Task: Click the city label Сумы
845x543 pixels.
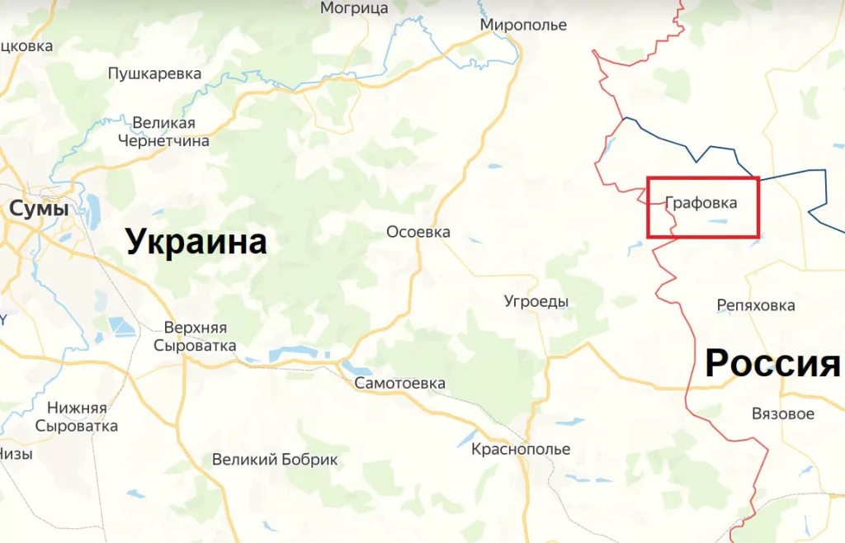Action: click(38, 210)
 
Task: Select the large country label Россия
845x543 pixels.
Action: click(772, 363)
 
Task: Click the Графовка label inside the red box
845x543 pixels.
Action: click(701, 203)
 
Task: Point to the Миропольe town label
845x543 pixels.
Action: click(523, 26)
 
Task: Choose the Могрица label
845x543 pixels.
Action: click(354, 8)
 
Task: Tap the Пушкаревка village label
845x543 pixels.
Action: click(154, 73)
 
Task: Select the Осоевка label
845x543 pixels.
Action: click(418, 232)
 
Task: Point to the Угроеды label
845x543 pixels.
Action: click(536, 301)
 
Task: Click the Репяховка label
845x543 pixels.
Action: click(756, 305)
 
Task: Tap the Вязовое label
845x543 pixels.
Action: click(783, 413)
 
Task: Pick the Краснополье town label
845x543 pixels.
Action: click(521, 450)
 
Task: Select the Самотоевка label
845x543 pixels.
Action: click(399, 383)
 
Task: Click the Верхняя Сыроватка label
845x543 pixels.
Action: click(195, 336)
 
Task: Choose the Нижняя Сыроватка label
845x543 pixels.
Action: click(76, 417)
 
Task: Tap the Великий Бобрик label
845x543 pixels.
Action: click(275, 460)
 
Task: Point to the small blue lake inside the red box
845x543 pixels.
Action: click(715, 221)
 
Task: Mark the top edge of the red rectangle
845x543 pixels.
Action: click(702, 177)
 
